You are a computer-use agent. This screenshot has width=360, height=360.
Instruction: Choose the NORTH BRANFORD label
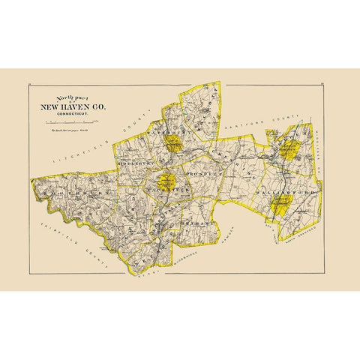(x=296, y=235)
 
